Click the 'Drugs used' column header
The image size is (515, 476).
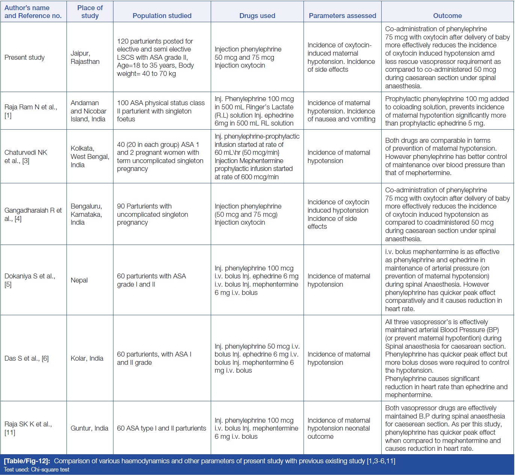point(257,16)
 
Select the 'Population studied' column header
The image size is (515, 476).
point(162,16)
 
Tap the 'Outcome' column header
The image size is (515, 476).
point(447,16)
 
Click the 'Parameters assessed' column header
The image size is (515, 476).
point(342,16)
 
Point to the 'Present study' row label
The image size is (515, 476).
point(25,57)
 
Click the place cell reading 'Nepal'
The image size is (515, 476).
point(79,280)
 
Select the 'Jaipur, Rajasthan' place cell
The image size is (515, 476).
point(85,57)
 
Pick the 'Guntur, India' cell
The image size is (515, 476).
point(89,428)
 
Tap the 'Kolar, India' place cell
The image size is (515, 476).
point(87,358)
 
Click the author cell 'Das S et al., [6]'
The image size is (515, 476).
point(27,358)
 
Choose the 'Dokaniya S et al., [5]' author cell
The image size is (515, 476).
point(30,280)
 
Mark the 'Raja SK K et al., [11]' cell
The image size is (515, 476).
point(28,428)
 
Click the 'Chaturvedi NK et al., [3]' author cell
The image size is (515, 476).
point(26,157)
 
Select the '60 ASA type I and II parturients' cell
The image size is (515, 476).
point(162,428)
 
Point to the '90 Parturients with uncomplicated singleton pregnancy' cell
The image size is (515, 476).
point(153,215)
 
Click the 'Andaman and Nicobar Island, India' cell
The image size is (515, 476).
point(89,111)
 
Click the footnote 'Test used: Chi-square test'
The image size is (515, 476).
point(36,470)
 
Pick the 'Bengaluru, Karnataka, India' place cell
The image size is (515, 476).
point(86,215)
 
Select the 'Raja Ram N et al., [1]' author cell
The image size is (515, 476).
point(31,111)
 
